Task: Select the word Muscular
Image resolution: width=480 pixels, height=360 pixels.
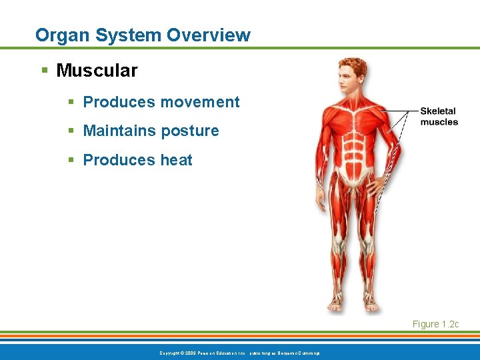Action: [97, 70]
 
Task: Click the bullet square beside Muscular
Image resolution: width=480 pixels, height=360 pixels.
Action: [44, 70]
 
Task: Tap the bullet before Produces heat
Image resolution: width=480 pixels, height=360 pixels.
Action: [71, 160]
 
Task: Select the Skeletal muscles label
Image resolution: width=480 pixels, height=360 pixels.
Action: [439, 117]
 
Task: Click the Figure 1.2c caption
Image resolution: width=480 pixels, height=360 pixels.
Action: [435, 324]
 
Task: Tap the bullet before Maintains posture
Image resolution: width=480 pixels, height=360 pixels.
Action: [71, 131]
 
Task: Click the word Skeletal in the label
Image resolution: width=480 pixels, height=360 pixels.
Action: [438, 111]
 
